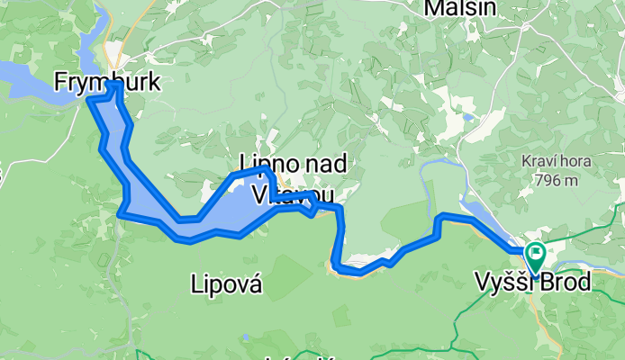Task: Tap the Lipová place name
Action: tap(227, 285)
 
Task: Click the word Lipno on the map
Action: tap(262, 163)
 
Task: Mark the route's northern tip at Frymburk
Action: tap(114, 85)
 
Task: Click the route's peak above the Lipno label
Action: tap(264, 169)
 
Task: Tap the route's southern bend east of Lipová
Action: tap(339, 266)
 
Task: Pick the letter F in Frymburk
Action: tap(61, 84)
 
